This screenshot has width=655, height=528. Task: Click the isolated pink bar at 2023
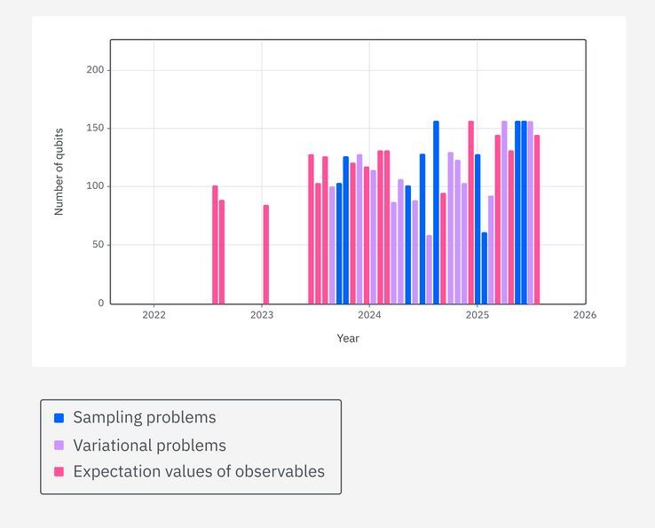265,255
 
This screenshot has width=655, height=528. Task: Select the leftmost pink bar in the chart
215,245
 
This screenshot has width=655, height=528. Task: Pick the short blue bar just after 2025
484,268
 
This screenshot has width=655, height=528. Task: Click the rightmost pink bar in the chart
537,219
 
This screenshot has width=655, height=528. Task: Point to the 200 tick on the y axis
95,70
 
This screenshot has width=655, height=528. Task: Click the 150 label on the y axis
95,129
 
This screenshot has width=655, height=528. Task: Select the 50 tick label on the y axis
98,245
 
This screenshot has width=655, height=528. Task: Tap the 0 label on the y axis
100,303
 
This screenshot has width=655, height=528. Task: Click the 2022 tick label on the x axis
154,315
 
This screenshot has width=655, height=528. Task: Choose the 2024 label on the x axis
369,315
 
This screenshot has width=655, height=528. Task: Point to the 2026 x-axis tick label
585,315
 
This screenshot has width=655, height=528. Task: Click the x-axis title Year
348,338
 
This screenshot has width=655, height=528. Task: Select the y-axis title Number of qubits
59,172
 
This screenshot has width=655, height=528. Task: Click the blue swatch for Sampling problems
59,418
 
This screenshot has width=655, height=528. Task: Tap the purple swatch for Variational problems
59,445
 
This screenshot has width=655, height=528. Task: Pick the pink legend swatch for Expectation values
59,472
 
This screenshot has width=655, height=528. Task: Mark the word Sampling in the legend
106,418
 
